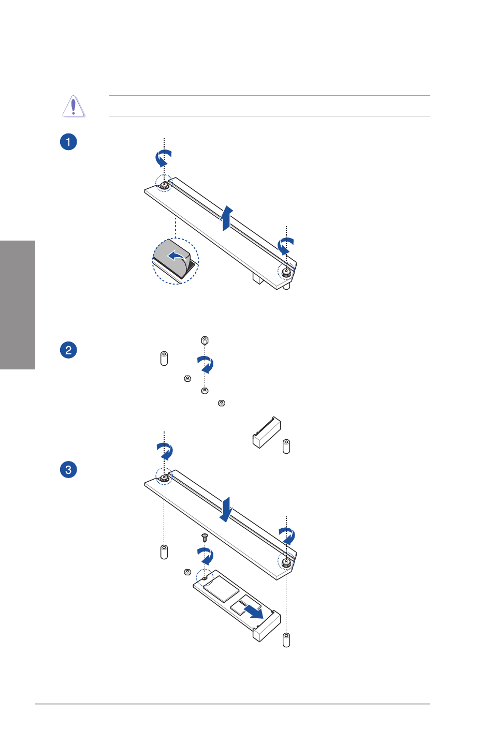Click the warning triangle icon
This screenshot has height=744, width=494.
74,106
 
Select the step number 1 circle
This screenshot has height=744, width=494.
68,142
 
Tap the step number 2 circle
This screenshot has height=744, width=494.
68,350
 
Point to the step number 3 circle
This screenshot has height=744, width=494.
68,470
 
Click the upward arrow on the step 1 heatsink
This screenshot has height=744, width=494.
227,218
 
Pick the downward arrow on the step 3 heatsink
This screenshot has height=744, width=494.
226,510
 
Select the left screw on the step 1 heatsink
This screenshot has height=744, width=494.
164,185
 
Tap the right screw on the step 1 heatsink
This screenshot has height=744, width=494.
286,272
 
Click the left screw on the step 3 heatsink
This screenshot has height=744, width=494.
164,478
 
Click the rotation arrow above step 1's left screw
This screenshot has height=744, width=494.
163,158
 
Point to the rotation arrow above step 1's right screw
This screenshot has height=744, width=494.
285,246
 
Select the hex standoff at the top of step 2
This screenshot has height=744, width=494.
205,341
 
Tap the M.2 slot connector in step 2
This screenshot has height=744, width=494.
267,432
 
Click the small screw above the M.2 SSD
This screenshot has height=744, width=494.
205,537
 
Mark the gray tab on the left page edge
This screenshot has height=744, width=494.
18,305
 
